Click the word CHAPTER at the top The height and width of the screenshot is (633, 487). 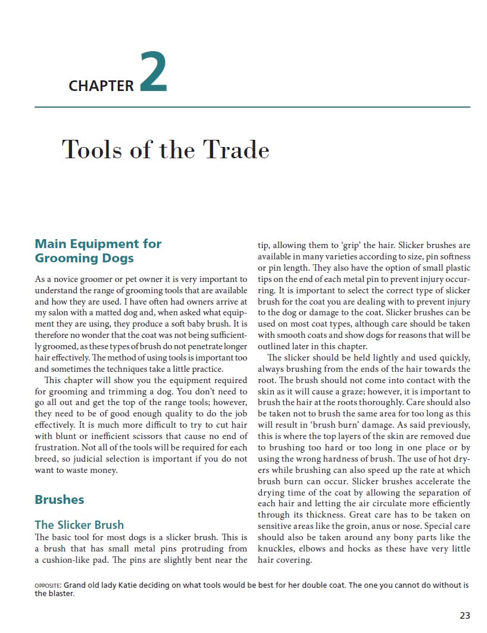(x=101, y=86)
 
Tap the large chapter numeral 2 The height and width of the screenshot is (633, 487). (x=154, y=73)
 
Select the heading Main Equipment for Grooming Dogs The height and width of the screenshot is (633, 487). (x=98, y=250)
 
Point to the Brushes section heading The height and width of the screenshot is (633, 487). (x=60, y=499)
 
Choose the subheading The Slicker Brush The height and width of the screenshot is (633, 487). (x=79, y=525)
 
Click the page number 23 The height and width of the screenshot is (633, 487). (x=464, y=615)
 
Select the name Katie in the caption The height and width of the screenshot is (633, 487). (x=132, y=585)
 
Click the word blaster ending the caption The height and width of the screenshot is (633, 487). (x=60, y=593)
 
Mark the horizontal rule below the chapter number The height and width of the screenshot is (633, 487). (x=252, y=107)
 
